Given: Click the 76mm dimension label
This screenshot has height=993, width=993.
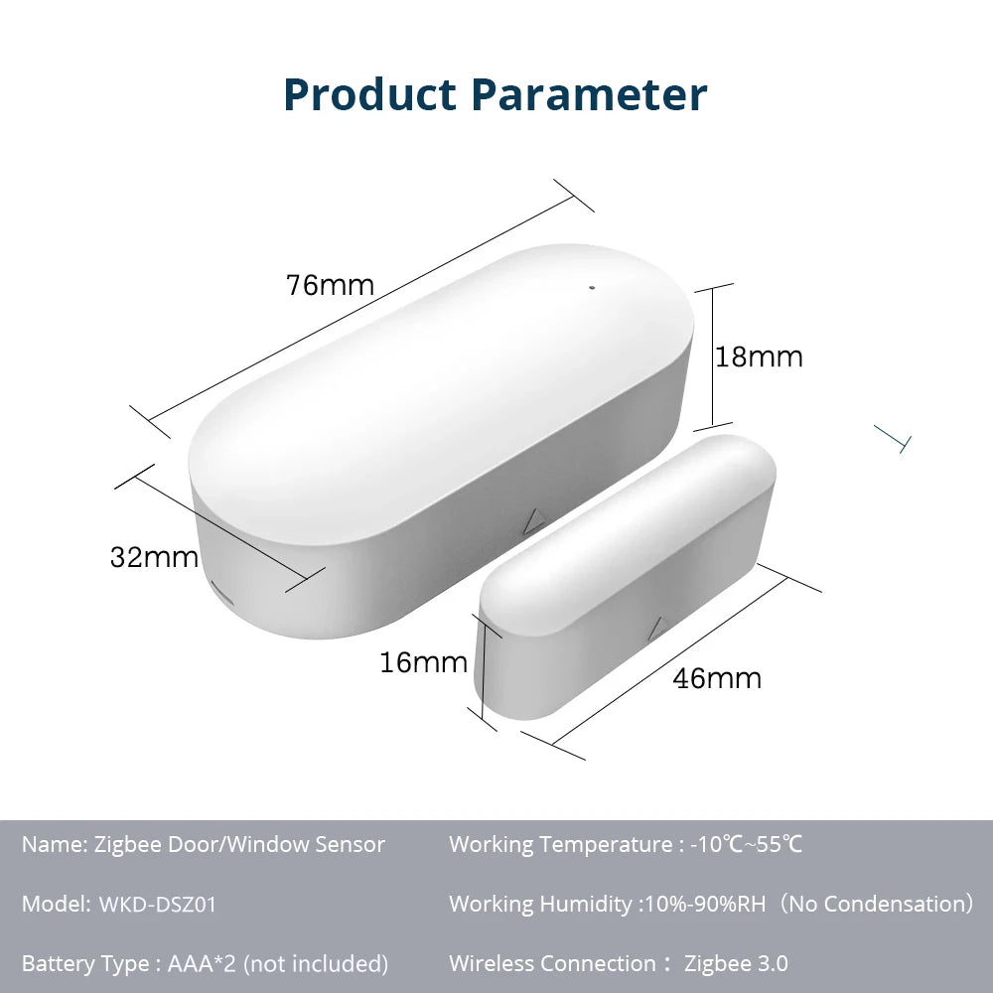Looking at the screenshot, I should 330,286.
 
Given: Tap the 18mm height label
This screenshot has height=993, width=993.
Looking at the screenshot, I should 760,357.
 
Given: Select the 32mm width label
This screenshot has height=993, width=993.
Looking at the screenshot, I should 154,558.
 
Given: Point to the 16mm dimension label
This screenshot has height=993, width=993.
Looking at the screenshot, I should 423,662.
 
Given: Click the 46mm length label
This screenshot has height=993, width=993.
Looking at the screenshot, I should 717,679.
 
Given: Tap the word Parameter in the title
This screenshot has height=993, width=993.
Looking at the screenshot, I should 589,94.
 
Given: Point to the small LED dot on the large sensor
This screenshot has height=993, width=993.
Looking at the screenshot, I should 592,289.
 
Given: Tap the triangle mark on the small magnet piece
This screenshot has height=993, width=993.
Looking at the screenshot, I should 655,628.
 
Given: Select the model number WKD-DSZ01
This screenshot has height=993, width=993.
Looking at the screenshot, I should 157,905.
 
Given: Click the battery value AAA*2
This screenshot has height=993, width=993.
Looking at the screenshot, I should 202,963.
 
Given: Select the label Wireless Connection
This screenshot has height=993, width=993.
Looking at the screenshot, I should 552,963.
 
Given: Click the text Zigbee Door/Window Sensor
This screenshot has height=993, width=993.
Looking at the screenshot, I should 239,845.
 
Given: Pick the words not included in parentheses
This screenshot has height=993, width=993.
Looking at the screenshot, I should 316,963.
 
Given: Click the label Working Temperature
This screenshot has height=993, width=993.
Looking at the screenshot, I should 560,845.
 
